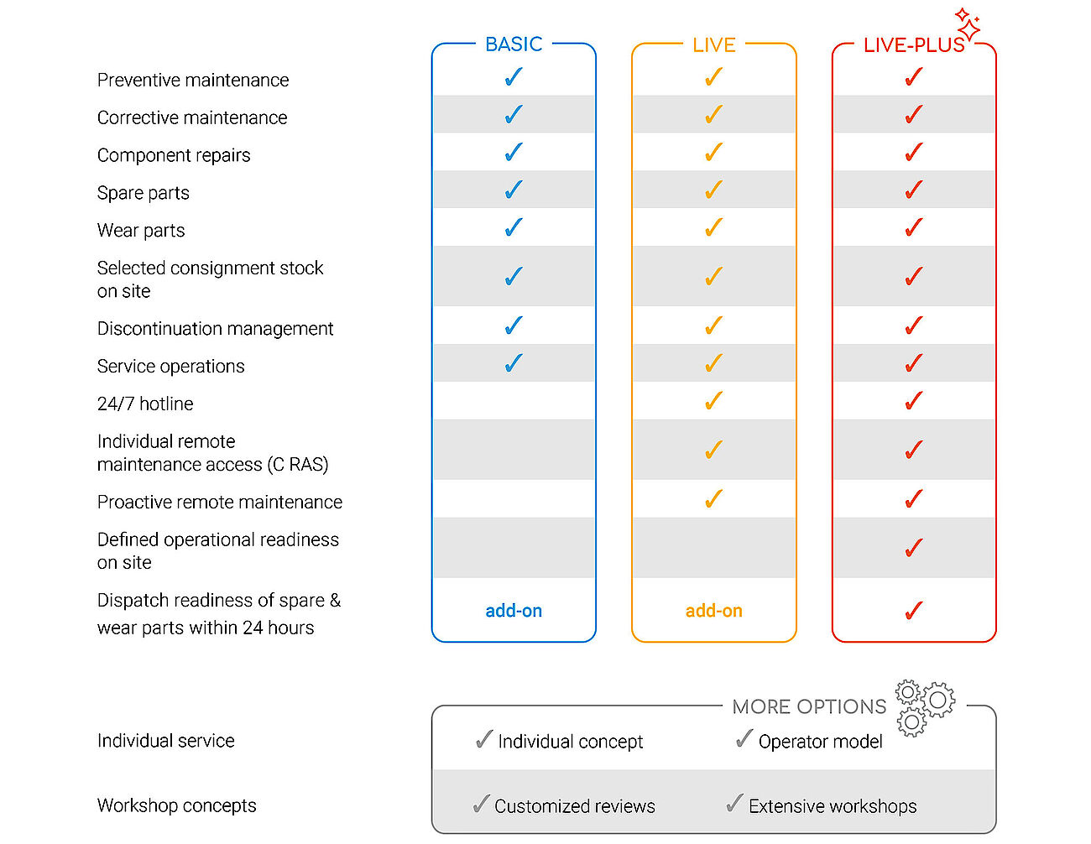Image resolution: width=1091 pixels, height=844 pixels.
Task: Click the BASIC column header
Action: [x=513, y=44]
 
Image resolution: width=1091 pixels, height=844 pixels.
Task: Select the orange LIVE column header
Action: [x=713, y=45]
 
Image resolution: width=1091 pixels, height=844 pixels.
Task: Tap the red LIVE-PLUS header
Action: [x=914, y=45]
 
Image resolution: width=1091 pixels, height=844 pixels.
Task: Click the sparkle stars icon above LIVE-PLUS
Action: [x=968, y=23]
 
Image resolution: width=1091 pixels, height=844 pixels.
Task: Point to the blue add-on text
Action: [x=514, y=611]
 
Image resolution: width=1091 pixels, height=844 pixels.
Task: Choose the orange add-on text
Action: [x=713, y=611]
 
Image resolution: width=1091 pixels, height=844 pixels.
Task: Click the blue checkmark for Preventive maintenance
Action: [x=514, y=77]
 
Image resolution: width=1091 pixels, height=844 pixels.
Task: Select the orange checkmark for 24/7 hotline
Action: [x=713, y=400]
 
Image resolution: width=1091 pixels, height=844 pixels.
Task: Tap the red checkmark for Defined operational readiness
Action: [x=914, y=548]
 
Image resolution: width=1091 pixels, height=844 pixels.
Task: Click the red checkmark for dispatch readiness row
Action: [x=914, y=611]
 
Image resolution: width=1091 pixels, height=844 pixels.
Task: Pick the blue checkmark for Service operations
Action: [x=514, y=362]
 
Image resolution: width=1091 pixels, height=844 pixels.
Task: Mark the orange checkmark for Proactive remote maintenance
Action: [x=713, y=498]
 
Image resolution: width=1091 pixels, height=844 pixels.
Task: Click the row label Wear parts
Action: [x=141, y=231]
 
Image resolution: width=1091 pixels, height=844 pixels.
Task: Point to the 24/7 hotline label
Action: [x=145, y=404]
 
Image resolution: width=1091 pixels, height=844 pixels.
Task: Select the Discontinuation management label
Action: [x=216, y=329]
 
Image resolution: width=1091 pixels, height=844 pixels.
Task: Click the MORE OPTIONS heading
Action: [x=809, y=706]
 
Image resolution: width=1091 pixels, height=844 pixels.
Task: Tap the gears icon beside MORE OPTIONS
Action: [x=925, y=708]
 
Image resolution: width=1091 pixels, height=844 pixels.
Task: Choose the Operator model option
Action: [x=820, y=741]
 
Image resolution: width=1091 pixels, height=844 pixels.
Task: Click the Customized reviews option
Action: [x=574, y=806]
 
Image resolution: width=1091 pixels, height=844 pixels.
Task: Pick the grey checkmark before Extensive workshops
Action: [x=734, y=803]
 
